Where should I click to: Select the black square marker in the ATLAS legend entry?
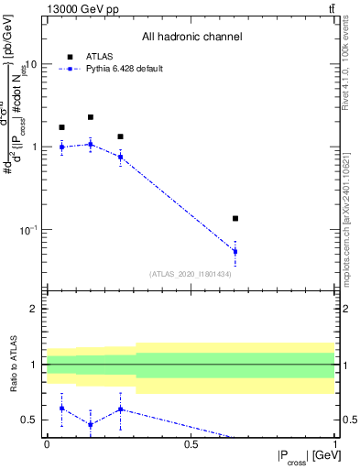[x=70, y=57]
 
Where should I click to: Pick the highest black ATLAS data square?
[x=91, y=117]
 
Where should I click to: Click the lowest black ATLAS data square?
[x=235, y=218]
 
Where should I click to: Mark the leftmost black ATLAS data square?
[x=61, y=127]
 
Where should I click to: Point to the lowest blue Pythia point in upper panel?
[x=235, y=251]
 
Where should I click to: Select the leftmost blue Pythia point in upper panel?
[x=61, y=147]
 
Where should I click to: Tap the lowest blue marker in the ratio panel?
[x=91, y=424]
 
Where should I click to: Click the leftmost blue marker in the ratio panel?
[x=61, y=409]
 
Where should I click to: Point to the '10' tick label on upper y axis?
[x=30, y=65]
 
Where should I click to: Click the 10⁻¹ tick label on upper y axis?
[x=27, y=229]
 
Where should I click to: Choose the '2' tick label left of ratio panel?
[x=35, y=310]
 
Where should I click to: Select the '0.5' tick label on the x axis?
[x=191, y=443]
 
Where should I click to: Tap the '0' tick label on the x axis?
[x=47, y=443]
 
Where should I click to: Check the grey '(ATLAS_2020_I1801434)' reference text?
[x=191, y=274]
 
